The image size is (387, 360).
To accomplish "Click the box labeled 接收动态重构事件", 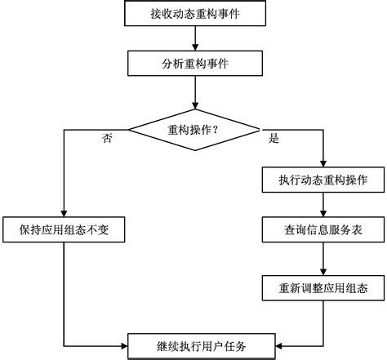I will tap(195, 13).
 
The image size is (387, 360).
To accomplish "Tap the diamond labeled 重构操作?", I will tap(195, 128).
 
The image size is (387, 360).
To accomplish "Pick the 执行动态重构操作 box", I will tap(325, 178).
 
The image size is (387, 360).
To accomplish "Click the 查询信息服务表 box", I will tap(325, 230).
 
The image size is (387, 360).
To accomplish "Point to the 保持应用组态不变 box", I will tap(64, 230).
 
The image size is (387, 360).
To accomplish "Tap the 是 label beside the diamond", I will tap(274, 138).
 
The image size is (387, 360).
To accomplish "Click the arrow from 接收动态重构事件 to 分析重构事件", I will tap(195, 38).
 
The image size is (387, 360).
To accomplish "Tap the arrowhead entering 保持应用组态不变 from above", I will tap(64, 213).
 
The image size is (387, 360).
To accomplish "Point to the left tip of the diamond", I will tap(130, 128).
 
